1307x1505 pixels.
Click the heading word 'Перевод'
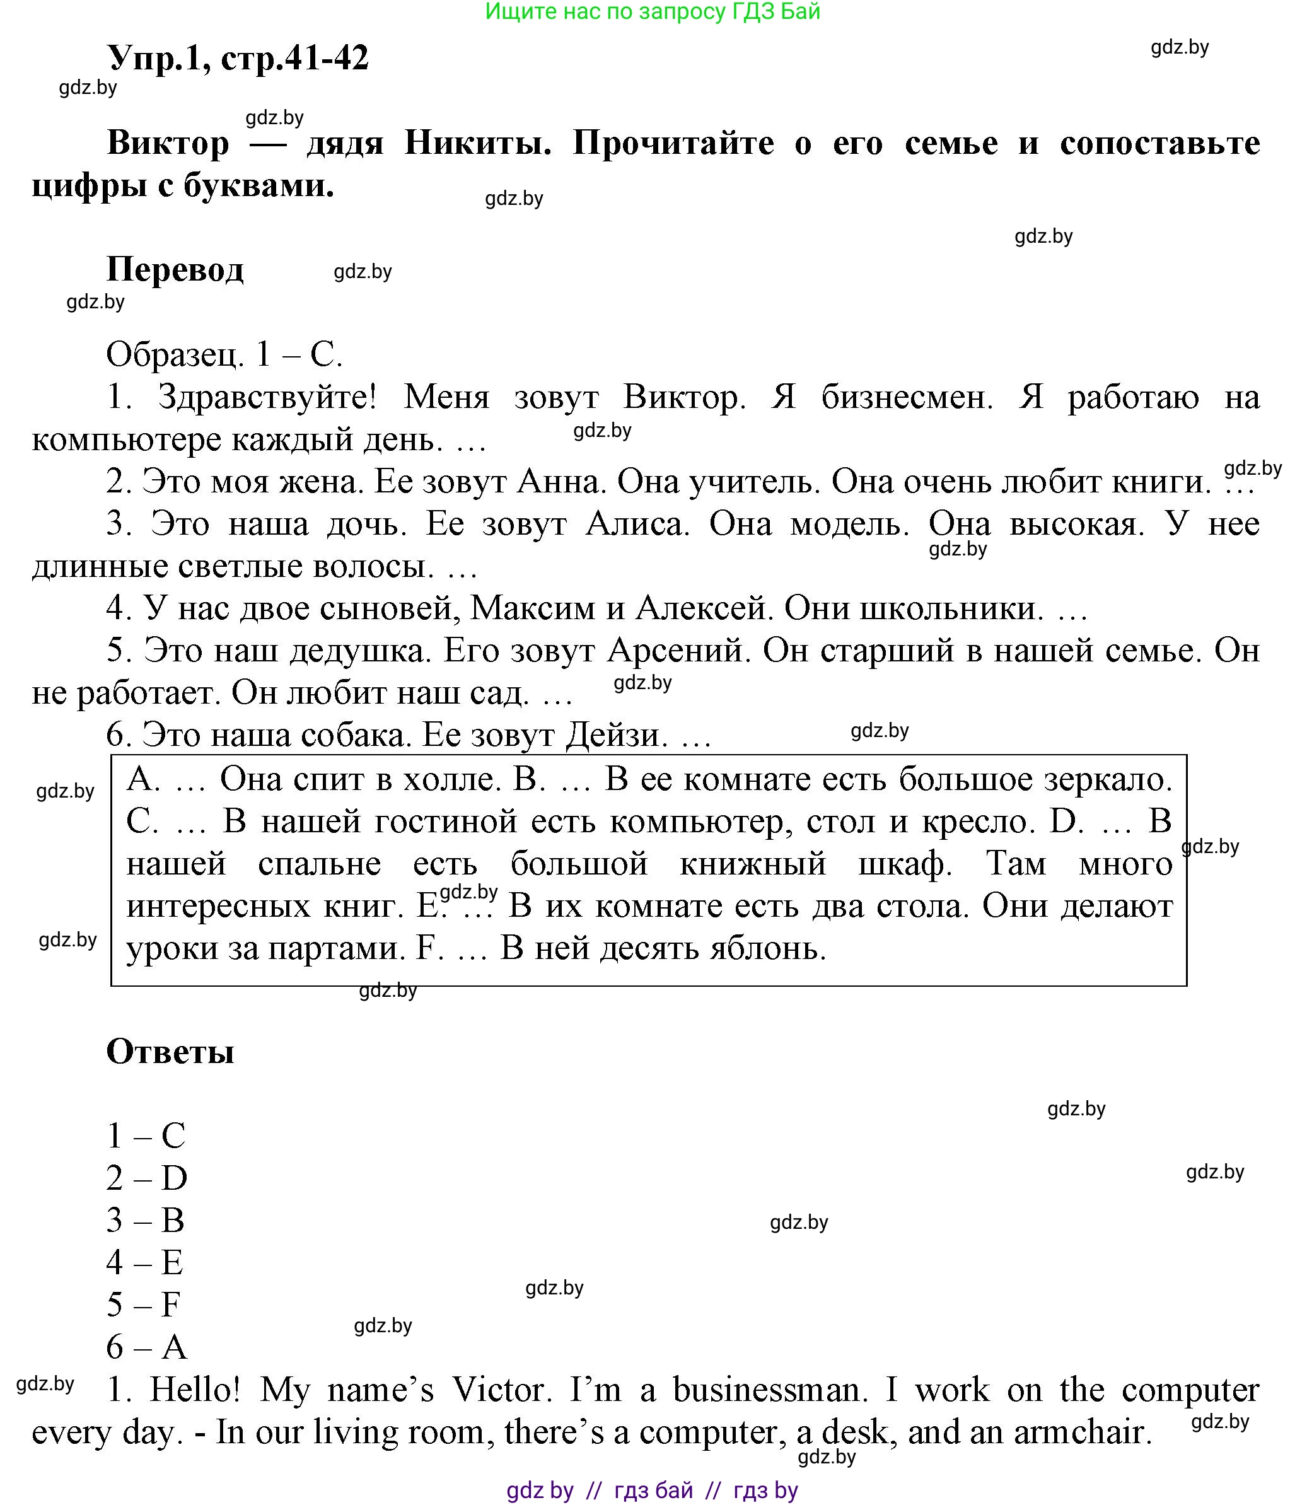175,270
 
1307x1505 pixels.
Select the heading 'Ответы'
170,1052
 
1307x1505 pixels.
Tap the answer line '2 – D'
147,1178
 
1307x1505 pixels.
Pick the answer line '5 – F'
143,1305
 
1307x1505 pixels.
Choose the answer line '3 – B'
145,1220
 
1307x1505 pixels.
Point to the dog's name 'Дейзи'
617,735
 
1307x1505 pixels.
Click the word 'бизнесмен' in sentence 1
907,397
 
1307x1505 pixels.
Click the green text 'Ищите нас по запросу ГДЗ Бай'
653,12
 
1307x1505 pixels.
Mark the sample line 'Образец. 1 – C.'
224,355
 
